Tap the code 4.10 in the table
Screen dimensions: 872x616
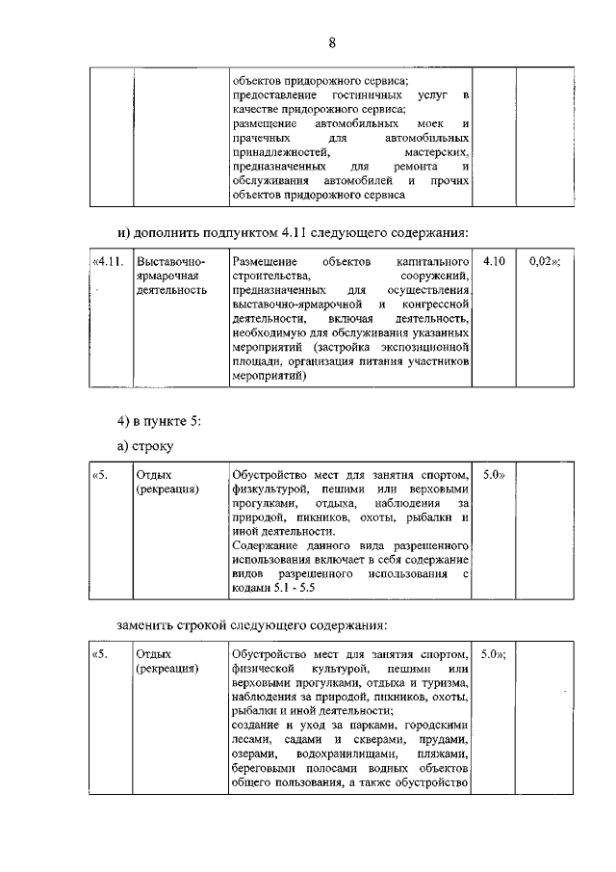point(494,262)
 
